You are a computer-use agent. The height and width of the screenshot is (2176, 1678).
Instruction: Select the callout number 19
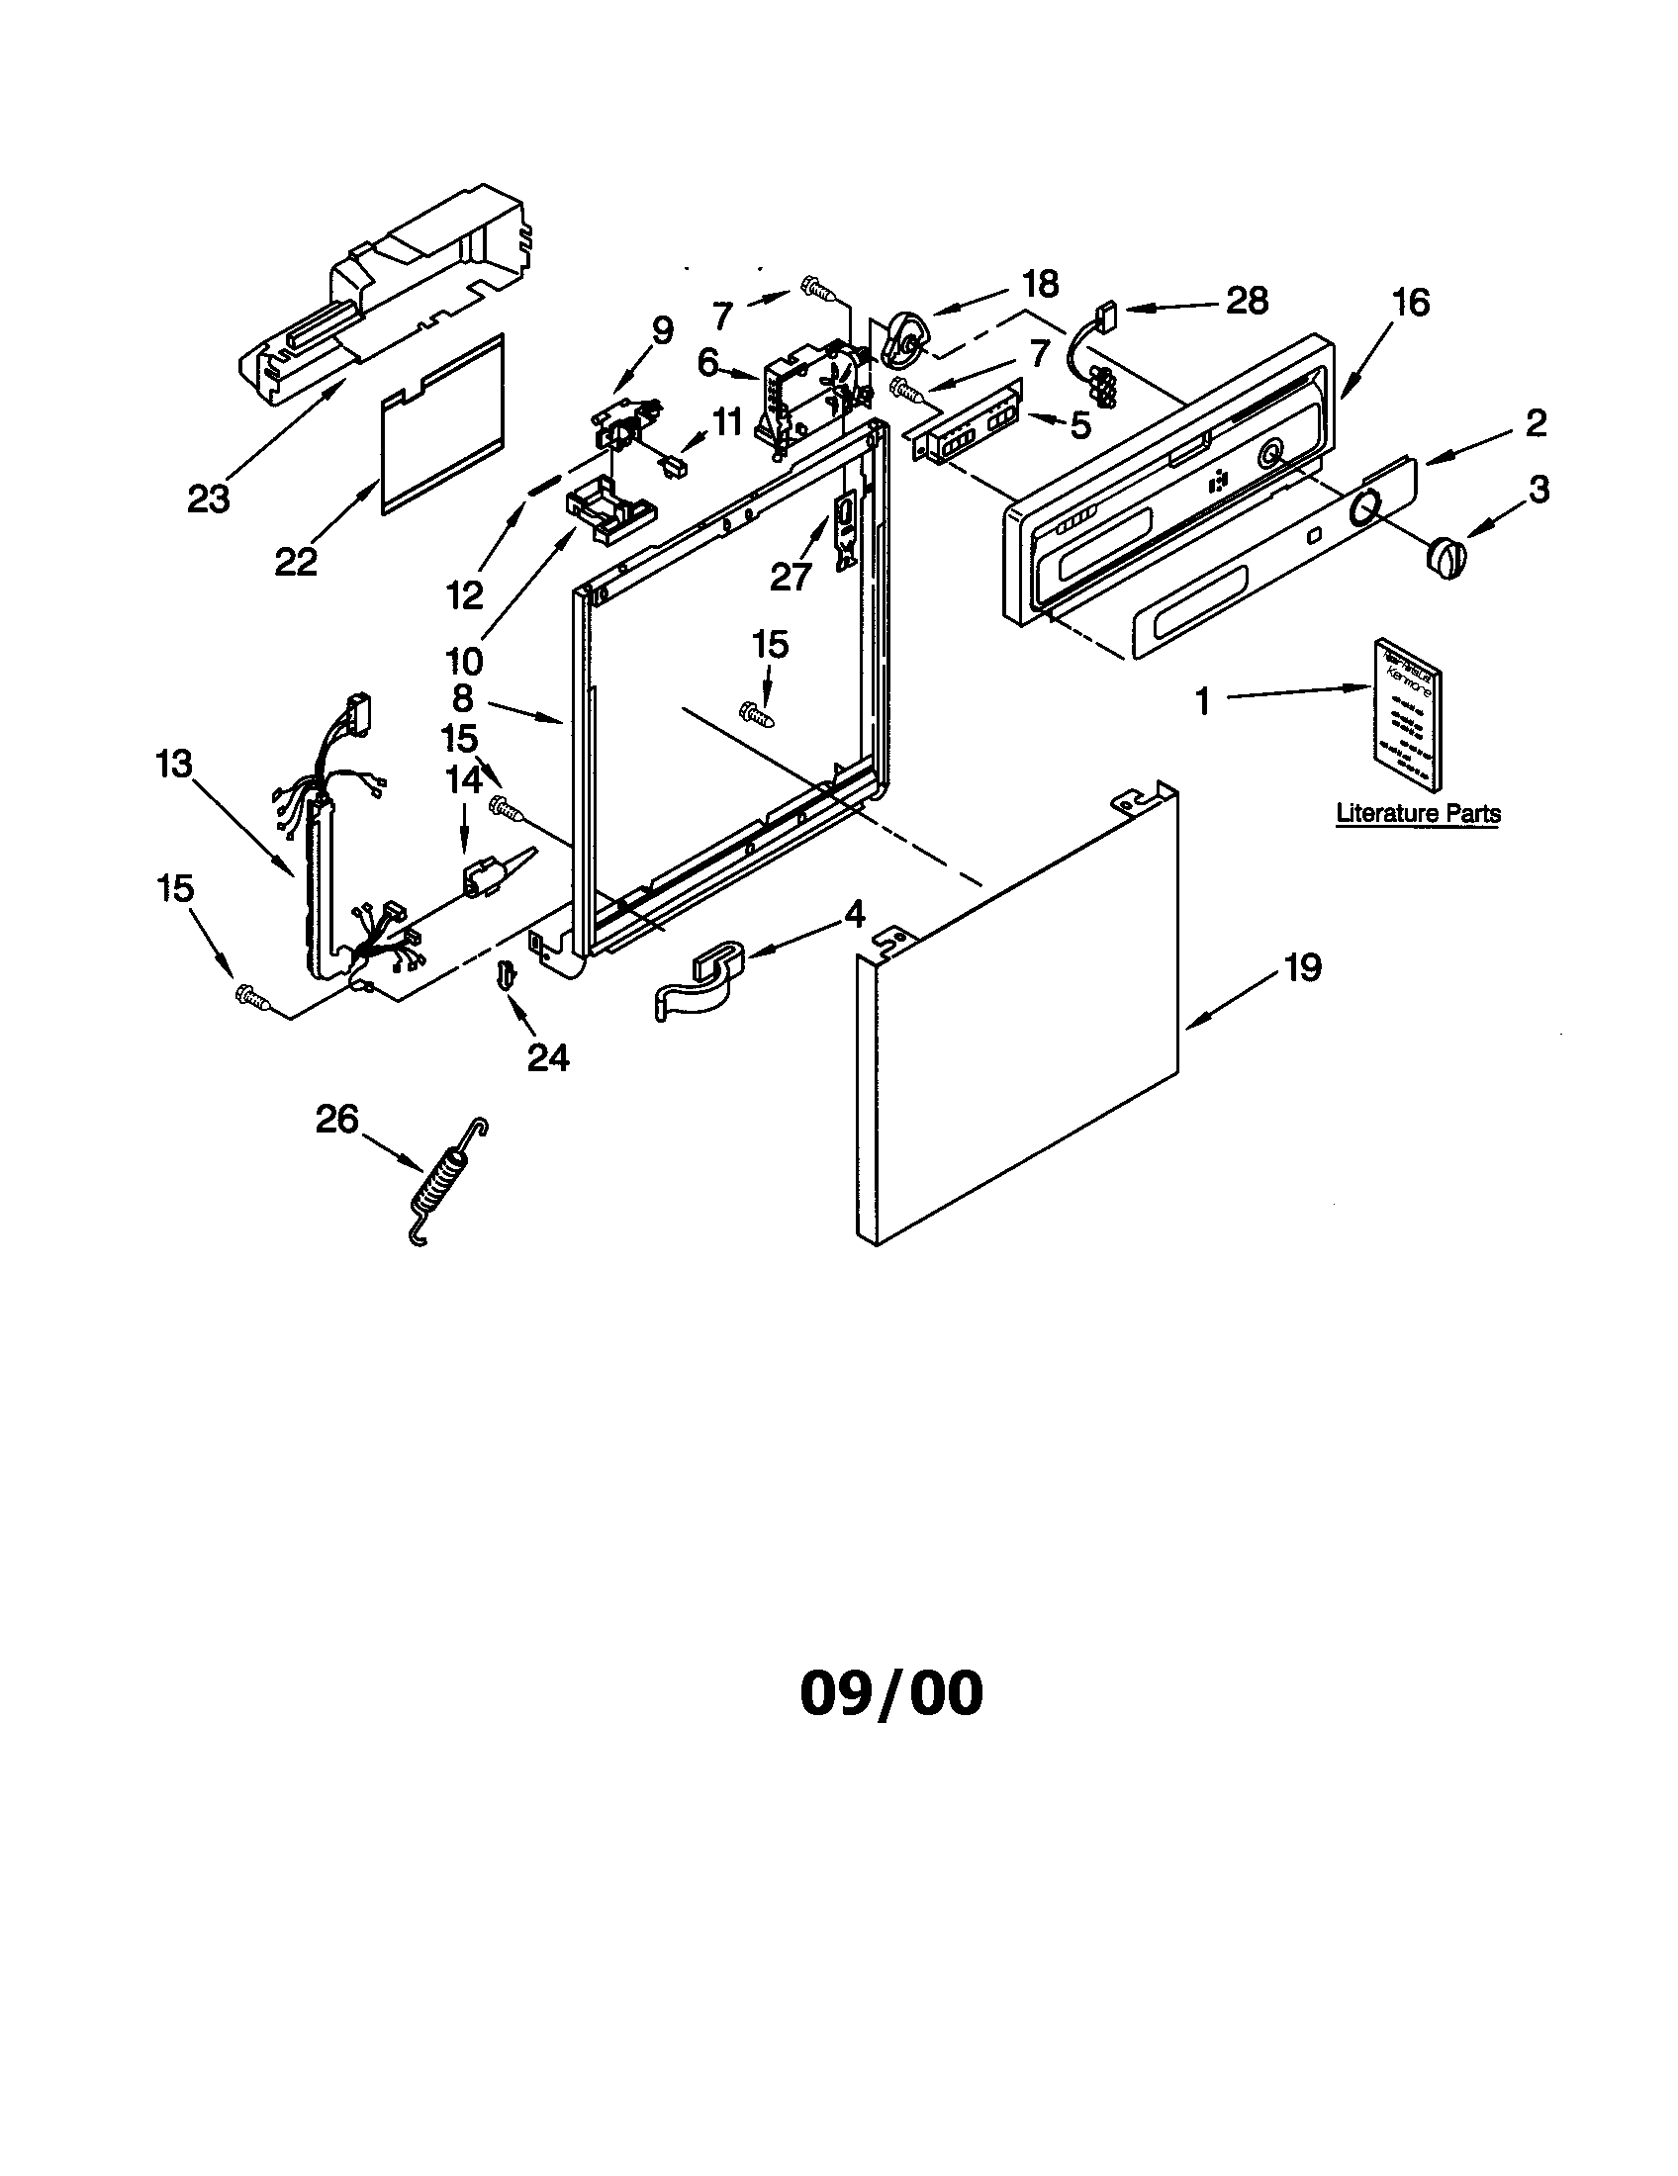1302,966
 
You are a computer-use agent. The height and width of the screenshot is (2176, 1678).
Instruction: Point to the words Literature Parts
1417,813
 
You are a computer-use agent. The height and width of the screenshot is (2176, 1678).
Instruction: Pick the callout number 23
208,499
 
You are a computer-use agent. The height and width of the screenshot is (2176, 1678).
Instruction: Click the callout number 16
1410,301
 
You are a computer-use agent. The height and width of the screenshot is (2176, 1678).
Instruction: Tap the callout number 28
1247,299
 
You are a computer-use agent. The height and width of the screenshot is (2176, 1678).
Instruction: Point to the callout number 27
791,575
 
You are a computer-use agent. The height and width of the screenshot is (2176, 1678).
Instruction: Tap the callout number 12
465,594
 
